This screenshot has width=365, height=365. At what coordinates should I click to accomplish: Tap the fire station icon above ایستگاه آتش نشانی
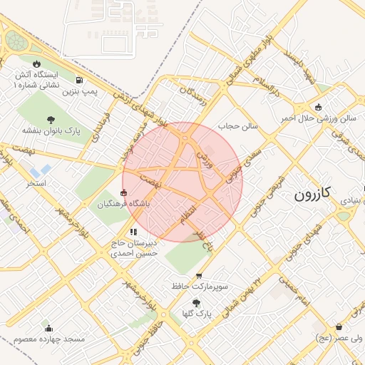[36, 64]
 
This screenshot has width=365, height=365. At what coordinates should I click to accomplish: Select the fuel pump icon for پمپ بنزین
[78, 80]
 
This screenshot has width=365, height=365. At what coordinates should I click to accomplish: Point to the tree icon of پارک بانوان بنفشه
[50, 120]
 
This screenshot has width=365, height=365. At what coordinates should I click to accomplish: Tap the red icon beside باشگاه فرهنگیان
[124, 192]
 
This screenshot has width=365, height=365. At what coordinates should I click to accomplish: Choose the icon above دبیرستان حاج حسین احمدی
[133, 232]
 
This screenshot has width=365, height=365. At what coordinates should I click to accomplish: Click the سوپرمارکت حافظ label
[200, 286]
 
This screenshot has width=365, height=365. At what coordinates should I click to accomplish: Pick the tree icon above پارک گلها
[197, 303]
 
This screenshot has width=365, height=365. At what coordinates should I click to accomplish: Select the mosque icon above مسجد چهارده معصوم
[48, 328]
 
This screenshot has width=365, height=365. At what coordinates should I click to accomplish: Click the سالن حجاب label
[242, 126]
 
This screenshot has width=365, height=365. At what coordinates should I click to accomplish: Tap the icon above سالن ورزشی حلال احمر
[318, 107]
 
